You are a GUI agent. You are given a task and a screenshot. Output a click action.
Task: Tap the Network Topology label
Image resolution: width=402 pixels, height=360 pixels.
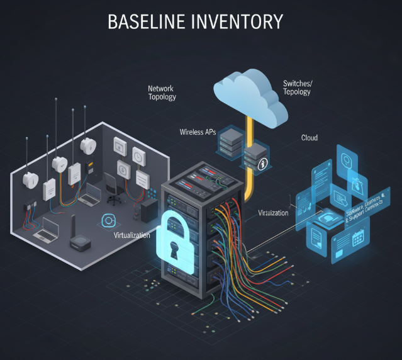pyautogui.click(x=162, y=93)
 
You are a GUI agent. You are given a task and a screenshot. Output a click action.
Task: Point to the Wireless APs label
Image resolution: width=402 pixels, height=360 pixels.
pyautogui.click(x=197, y=132)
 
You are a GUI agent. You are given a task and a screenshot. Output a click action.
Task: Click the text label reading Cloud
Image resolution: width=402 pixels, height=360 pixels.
pyautogui.click(x=309, y=137)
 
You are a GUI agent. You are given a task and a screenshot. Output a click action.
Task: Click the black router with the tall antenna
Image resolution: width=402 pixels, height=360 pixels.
pyautogui.click(x=79, y=239)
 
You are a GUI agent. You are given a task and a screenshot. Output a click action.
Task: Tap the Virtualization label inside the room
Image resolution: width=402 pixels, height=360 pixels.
pyautogui.click(x=132, y=235)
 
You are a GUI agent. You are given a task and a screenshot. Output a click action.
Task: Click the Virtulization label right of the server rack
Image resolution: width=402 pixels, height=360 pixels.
pyautogui.click(x=273, y=213)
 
